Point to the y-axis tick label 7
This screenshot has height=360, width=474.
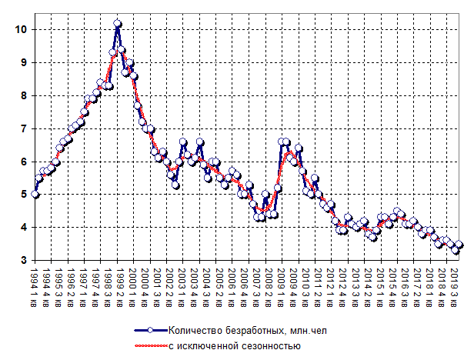(22, 128)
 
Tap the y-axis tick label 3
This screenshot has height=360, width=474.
(22, 260)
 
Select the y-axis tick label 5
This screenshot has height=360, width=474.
(22, 194)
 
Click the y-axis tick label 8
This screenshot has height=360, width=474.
(22, 95)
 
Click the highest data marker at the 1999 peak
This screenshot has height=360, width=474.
(117, 24)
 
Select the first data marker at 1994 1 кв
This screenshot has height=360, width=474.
(35, 195)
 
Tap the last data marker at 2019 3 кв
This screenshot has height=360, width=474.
(460, 245)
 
